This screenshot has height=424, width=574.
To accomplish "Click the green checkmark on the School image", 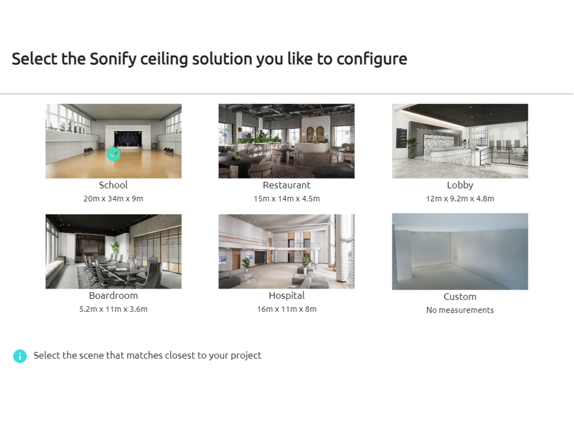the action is (x=113, y=154).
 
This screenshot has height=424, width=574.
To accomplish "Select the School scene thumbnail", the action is (x=113, y=141).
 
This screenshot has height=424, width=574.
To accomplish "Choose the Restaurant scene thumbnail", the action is (x=286, y=141).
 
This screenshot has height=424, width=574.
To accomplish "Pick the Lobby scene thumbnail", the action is (x=460, y=141).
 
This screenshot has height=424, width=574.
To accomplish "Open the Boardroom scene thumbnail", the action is (x=113, y=251).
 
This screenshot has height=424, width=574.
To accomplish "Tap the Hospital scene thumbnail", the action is (x=286, y=251).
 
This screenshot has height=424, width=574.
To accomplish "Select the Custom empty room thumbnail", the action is (x=460, y=251).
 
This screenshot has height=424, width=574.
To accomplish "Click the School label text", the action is (x=113, y=185).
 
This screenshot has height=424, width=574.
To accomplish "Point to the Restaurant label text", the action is (x=286, y=185).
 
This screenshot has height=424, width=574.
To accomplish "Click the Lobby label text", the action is (x=460, y=185).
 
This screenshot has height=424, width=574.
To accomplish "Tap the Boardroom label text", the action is (x=113, y=295).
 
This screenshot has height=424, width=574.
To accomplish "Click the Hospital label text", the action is (x=286, y=296).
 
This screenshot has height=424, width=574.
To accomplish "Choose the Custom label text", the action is (x=460, y=297).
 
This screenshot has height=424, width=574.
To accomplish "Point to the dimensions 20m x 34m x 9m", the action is (x=113, y=199).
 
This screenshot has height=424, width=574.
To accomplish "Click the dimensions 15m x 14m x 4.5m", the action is (x=286, y=199).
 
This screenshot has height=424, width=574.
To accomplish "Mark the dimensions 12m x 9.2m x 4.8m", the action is (x=460, y=199).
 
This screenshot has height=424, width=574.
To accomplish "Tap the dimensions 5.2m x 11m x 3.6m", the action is (x=113, y=309).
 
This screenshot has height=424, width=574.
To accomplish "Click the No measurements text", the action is (x=460, y=310).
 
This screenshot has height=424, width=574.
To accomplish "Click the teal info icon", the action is (x=20, y=356).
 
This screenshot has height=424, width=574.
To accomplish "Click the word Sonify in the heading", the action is (x=113, y=59).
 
